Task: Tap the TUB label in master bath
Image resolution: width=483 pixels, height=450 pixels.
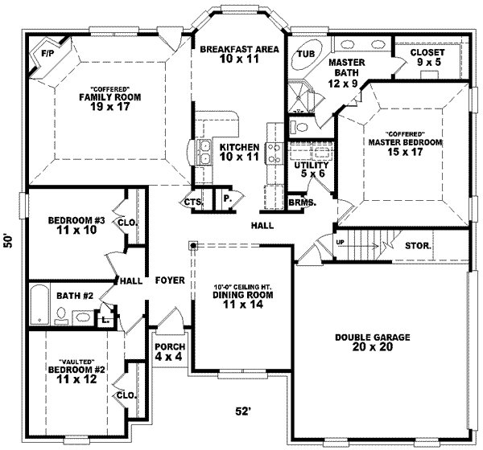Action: pyautogui.click(x=306, y=55)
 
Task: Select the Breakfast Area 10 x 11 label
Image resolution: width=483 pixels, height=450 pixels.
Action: pyautogui.click(x=239, y=54)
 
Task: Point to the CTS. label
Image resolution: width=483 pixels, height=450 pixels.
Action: pyautogui.click(x=192, y=202)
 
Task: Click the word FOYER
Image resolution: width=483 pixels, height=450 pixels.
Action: pyautogui.click(x=171, y=280)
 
